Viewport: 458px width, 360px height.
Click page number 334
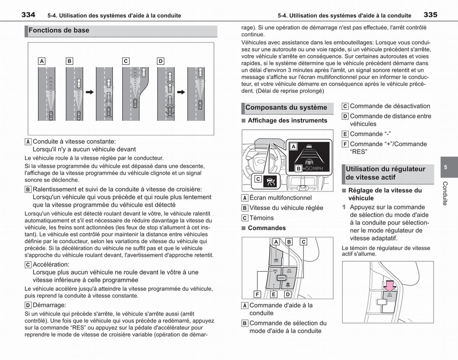(28, 15)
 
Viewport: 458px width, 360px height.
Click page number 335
(431, 15)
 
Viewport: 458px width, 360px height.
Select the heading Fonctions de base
(59, 31)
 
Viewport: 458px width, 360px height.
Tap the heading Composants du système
(286, 108)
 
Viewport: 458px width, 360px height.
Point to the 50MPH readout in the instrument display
(314, 168)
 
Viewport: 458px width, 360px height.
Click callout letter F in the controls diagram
(257, 294)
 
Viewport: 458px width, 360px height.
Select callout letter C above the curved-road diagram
(126, 61)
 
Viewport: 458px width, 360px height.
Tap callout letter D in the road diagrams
(161, 61)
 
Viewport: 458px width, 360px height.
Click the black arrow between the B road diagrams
(90, 92)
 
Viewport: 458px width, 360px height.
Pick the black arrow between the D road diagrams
(181, 92)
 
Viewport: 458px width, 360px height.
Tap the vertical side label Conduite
(445, 193)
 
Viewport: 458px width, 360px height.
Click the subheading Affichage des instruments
(287, 121)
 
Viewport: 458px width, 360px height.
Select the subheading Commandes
(267, 228)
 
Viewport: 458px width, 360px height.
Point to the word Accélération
(51, 265)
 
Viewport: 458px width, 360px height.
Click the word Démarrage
(50, 305)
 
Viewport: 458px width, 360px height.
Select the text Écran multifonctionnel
(281, 198)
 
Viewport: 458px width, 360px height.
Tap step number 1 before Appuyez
(344, 207)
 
